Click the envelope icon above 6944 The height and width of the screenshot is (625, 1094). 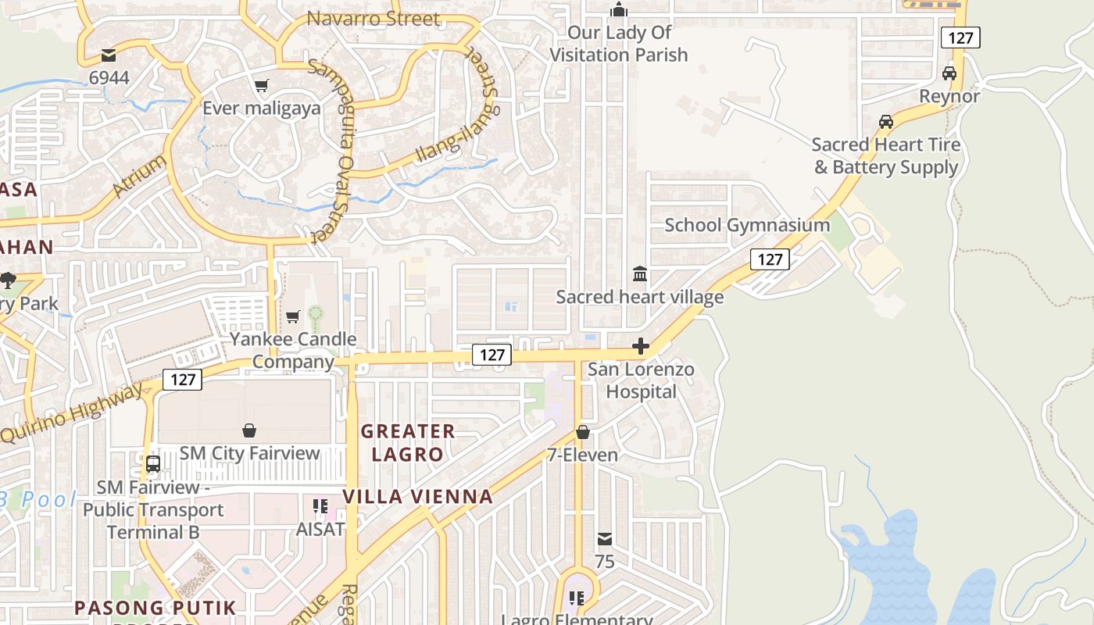click(109, 55)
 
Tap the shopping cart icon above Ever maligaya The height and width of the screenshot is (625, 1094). click(261, 85)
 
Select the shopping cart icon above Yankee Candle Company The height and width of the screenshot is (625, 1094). click(293, 316)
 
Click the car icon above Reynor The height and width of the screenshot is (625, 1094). click(949, 73)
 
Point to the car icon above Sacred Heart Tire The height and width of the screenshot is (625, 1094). click(885, 122)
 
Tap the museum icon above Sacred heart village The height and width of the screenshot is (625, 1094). click(640, 274)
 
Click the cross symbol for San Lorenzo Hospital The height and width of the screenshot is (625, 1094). click(641, 346)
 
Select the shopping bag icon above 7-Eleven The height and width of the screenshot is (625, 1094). click(582, 432)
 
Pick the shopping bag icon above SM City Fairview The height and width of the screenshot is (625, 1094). click(249, 430)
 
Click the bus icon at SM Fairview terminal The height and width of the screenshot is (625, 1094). click(153, 463)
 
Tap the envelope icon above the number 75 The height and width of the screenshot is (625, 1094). click(604, 539)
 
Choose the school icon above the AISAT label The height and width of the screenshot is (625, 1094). click(320, 506)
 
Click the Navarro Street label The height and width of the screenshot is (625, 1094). click(374, 18)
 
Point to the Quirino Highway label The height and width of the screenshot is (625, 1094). click(72, 413)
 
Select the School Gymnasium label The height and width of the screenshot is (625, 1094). click(747, 225)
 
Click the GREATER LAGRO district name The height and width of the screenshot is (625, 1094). click(407, 442)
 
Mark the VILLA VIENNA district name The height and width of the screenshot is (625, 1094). click(417, 496)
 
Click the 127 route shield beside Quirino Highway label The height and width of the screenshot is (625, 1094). click(182, 380)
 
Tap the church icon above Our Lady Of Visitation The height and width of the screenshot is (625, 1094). click(619, 9)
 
